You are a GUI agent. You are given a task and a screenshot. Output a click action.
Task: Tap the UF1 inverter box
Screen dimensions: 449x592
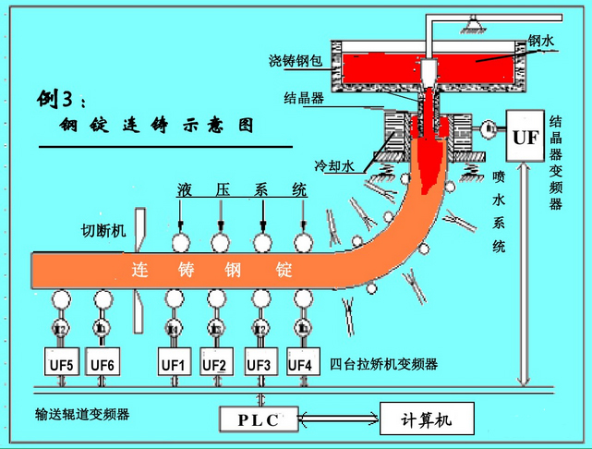point(174,363)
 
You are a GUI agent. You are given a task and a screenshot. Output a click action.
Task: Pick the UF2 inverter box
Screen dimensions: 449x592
point(215,363)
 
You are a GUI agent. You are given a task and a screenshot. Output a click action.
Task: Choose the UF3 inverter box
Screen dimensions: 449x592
point(258,363)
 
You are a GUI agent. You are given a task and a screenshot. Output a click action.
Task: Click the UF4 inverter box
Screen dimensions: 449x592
point(300,363)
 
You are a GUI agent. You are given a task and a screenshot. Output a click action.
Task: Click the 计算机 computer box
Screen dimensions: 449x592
point(428,419)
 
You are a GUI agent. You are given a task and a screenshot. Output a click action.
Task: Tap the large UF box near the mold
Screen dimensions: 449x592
point(524,138)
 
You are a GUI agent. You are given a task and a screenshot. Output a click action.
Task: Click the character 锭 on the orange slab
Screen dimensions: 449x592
point(284,272)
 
